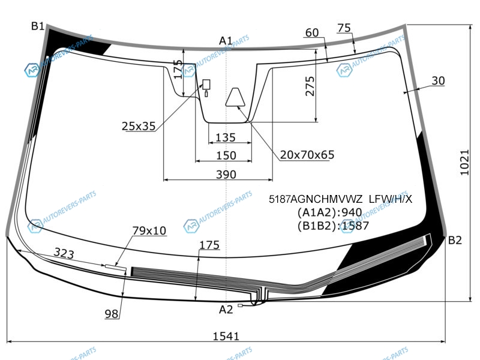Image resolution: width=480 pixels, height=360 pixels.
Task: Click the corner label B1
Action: (x=38, y=26)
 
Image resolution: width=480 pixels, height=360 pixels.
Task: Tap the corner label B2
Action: (x=455, y=241)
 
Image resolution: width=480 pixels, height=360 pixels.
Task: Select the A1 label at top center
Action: (x=226, y=40)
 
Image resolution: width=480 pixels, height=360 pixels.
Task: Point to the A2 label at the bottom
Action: (x=226, y=310)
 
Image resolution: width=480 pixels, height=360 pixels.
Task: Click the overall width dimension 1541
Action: (x=226, y=336)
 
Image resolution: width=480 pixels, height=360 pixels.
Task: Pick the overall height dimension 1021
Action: (x=464, y=163)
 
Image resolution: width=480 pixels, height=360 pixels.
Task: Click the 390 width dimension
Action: (x=226, y=175)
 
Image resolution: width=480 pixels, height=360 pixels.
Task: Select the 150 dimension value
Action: (x=226, y=155)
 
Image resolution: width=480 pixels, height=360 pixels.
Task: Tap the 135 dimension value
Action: (x=226, y=137)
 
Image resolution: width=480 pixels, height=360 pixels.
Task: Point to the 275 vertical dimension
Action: (x=310, y=86)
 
